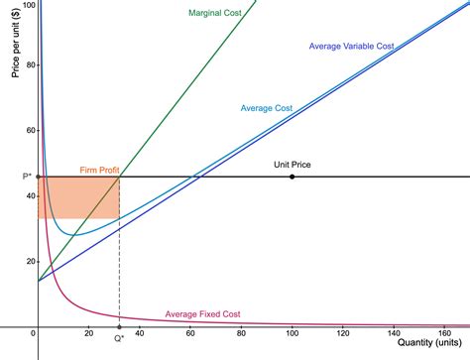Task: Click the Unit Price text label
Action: pyautogui.click(x=292, y=165)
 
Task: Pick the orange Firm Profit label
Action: pyautogui.click(x=99, y=171)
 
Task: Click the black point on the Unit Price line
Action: pyautogui.click(x=292, y=177)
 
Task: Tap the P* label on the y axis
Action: pyautogui.click(x=13, y=177)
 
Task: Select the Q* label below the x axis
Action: pyautogui.click(x=119, y=338)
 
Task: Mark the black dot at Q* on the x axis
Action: pyautogui.click(x=119, y=326)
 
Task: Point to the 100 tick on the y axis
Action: pyautogui.click(x=27, y=5)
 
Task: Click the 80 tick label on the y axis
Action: pyautogui.click(x=30, y=65)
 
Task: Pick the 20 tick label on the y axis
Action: pyautogui.click(x=30, y=261)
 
